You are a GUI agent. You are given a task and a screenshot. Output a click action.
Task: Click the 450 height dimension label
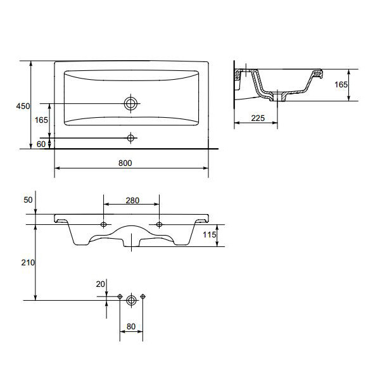click(x=23, y=106)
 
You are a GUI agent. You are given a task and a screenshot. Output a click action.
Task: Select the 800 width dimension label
click(x=125, y=163)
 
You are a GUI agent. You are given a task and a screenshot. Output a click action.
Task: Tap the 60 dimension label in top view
click(x=41, y=144)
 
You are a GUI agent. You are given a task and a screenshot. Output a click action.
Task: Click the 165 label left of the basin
click(x=41, y=120)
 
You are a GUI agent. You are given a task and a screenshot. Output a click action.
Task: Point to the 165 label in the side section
click(x=341, y=85)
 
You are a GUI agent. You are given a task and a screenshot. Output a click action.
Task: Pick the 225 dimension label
click(x=258, y=118)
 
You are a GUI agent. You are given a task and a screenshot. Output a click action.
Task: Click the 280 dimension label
click(x=132, y=200)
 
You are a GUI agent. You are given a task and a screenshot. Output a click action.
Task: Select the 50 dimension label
click(x=28, y=200)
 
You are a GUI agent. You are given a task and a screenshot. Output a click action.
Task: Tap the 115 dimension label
click(x=210, y=234)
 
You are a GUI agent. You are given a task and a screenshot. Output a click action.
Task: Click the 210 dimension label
click(x=28, y=262)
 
